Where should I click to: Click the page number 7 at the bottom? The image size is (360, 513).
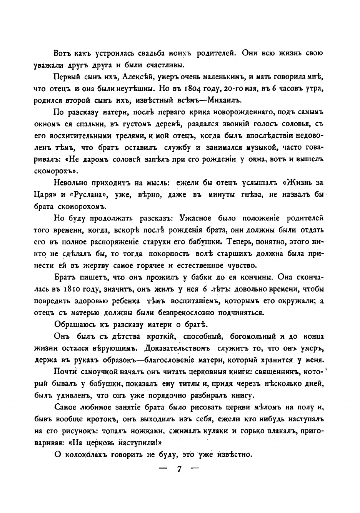click(x=179, y=470)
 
